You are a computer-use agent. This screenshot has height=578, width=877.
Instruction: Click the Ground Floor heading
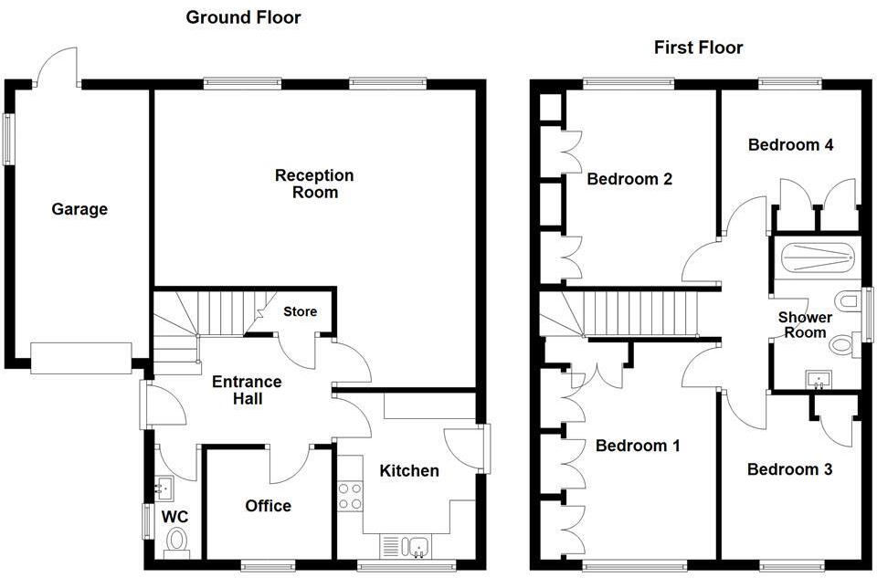tap(243, 17)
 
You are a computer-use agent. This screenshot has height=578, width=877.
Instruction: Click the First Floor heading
tap(698, 47)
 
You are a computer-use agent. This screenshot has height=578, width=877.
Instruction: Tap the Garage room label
tap(79, 209)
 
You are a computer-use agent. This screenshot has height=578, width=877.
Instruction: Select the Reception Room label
tap(314, 184)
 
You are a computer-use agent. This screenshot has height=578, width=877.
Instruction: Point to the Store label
tap(300, 311)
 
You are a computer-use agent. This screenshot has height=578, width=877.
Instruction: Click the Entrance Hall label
tap(247, 390)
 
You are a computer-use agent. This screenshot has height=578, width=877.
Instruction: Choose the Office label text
tap(269, 506)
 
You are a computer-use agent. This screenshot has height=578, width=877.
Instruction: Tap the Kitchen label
tap(409, 471)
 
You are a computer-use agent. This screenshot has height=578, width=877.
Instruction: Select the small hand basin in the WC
tap(164, 489)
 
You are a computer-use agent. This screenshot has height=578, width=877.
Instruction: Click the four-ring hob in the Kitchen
tap(350, 496)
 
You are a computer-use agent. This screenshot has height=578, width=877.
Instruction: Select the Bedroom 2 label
tap(629, 179)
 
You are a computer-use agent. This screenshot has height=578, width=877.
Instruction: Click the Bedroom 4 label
tap(790, 144)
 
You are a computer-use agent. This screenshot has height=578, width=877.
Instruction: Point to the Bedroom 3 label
tap(789, 469)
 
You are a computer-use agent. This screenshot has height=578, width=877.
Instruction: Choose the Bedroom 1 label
tap(638, 446)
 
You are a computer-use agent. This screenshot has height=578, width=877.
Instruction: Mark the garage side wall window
tap(9, 139)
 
